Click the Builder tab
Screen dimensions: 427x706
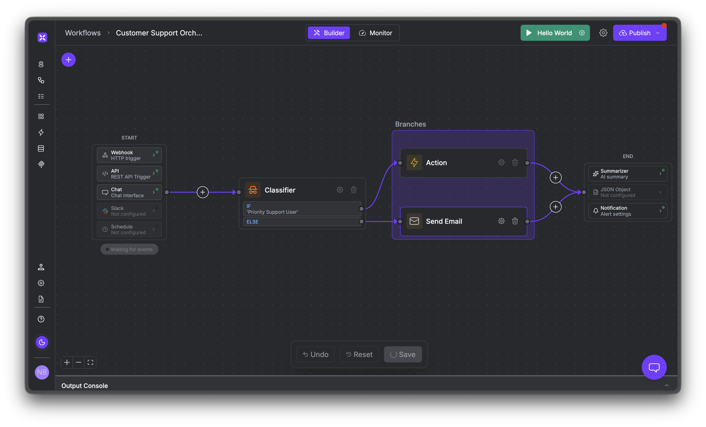(x=329, y=33)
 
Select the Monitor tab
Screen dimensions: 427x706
(x=375, y=33)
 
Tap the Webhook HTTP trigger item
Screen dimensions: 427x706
(x=129, y=155)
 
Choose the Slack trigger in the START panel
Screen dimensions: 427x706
(x=129, y=211)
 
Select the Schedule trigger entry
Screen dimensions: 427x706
(x=129, y=230)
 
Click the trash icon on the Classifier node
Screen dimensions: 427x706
(x=354, y=190)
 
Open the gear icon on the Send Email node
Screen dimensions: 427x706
(x=501, y=221)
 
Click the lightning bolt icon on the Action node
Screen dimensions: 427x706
(x=414, y=162)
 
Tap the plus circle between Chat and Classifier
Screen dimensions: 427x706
(x=203, y=192)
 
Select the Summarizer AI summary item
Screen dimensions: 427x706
(x=627, y=174)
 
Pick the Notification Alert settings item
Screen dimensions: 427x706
(x=627, y=211)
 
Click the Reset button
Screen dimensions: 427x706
(x=359, y=354)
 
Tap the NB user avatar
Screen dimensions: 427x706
(x=42, y=372)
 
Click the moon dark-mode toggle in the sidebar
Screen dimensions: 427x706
(x=42, y=342)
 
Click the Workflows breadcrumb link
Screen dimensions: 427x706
(x=83, y=33)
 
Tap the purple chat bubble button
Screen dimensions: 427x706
(x=654, y=367)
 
